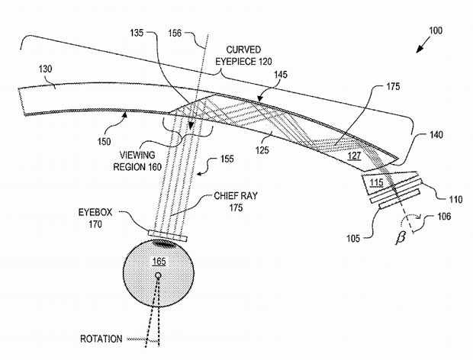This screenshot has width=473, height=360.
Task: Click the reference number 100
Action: pyautogui.click(x=436, y=31)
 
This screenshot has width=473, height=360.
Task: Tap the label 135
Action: pyautogui.click(x=137, y=33)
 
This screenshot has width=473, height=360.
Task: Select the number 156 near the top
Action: pyautogui.click(x=175, y=33)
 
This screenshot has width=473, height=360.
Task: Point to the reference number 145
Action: pyautogui.click(x=281, y=75)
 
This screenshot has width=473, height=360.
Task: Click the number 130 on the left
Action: pyautogui.click(x=45, y=69)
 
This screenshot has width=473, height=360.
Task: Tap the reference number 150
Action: pyautogui.click(x=104, y=141)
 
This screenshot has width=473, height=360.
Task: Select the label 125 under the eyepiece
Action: pyautogui.click(x=262, y=149)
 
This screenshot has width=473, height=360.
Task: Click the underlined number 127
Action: pyautogui.click(x=354, y=156)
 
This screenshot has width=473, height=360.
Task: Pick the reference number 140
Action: pyautogui.click(x=436, y=134)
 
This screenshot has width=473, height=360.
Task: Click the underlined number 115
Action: pyautogui.click(x=376, y=182)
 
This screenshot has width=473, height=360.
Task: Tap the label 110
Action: pyautogui.click(x=455, y=199)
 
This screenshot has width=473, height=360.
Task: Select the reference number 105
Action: pyautogui.click(x=353, y=239)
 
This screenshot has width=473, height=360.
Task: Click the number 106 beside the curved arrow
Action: pyautogui.click(x=444, y=216)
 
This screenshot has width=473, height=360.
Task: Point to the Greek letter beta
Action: pyautogui.click(x=401, y=238)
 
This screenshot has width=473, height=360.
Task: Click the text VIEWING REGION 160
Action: pyautogui.click(x=137, y=161)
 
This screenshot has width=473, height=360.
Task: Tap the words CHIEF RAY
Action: pyautogui.click(x=236, y=196)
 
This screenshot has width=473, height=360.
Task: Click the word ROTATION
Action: pyautogui.click(x=101, y=339)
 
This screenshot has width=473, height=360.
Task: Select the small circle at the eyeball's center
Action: pyautogui.click(x=158, y=275)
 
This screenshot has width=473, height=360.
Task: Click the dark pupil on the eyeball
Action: pyautogui.click(x=164, y=243)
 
